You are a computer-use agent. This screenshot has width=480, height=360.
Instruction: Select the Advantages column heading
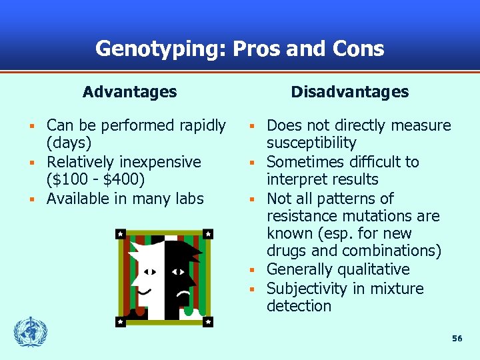coord(130,92)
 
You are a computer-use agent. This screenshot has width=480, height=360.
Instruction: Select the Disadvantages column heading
coord(350,92)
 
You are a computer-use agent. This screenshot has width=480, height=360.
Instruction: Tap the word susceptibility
coord(311,143)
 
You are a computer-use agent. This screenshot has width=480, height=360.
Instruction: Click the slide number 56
coord(457,339)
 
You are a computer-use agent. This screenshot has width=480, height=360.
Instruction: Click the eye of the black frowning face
coord(179,272)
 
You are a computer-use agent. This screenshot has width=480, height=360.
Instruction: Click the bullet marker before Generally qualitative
coord(253,270)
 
